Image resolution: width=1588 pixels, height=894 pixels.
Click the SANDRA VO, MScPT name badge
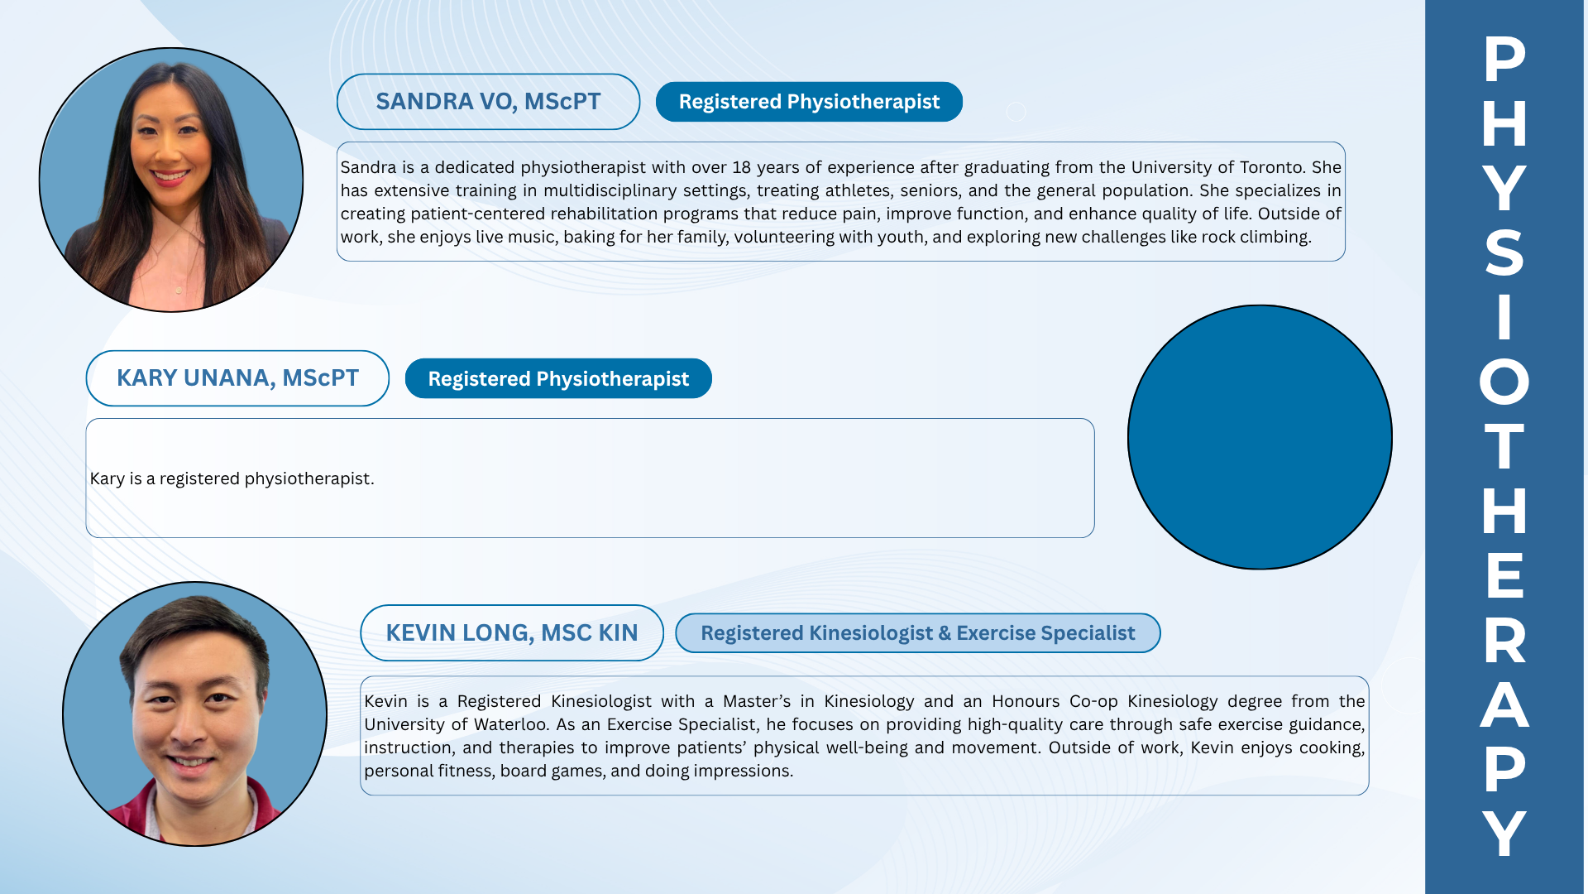tap(488, 102)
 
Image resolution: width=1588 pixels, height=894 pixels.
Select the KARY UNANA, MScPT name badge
tap(237, 378)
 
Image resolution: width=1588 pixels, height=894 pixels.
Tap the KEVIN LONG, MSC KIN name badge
tap(512, 633)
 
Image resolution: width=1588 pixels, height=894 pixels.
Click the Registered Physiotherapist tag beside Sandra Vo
tap(809, 102)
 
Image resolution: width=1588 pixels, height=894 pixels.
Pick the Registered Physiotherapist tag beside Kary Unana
tap(558, 378)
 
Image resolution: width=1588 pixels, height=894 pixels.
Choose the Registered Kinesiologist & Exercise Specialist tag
tap(918, 633)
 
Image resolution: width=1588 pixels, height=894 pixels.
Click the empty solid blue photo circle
tap(1260, 437)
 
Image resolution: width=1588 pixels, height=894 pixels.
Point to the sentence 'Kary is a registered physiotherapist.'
tap(232, 478)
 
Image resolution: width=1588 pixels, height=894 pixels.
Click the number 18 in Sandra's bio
tap(741, 167)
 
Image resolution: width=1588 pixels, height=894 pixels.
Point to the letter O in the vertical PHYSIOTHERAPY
tap(1504, 382)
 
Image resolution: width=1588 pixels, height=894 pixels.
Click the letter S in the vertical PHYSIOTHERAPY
tap(1504, 252)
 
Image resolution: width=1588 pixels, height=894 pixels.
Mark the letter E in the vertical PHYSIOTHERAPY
tap(1504, 575)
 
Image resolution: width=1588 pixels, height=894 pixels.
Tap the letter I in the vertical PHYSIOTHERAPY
tap(1504, 317)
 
